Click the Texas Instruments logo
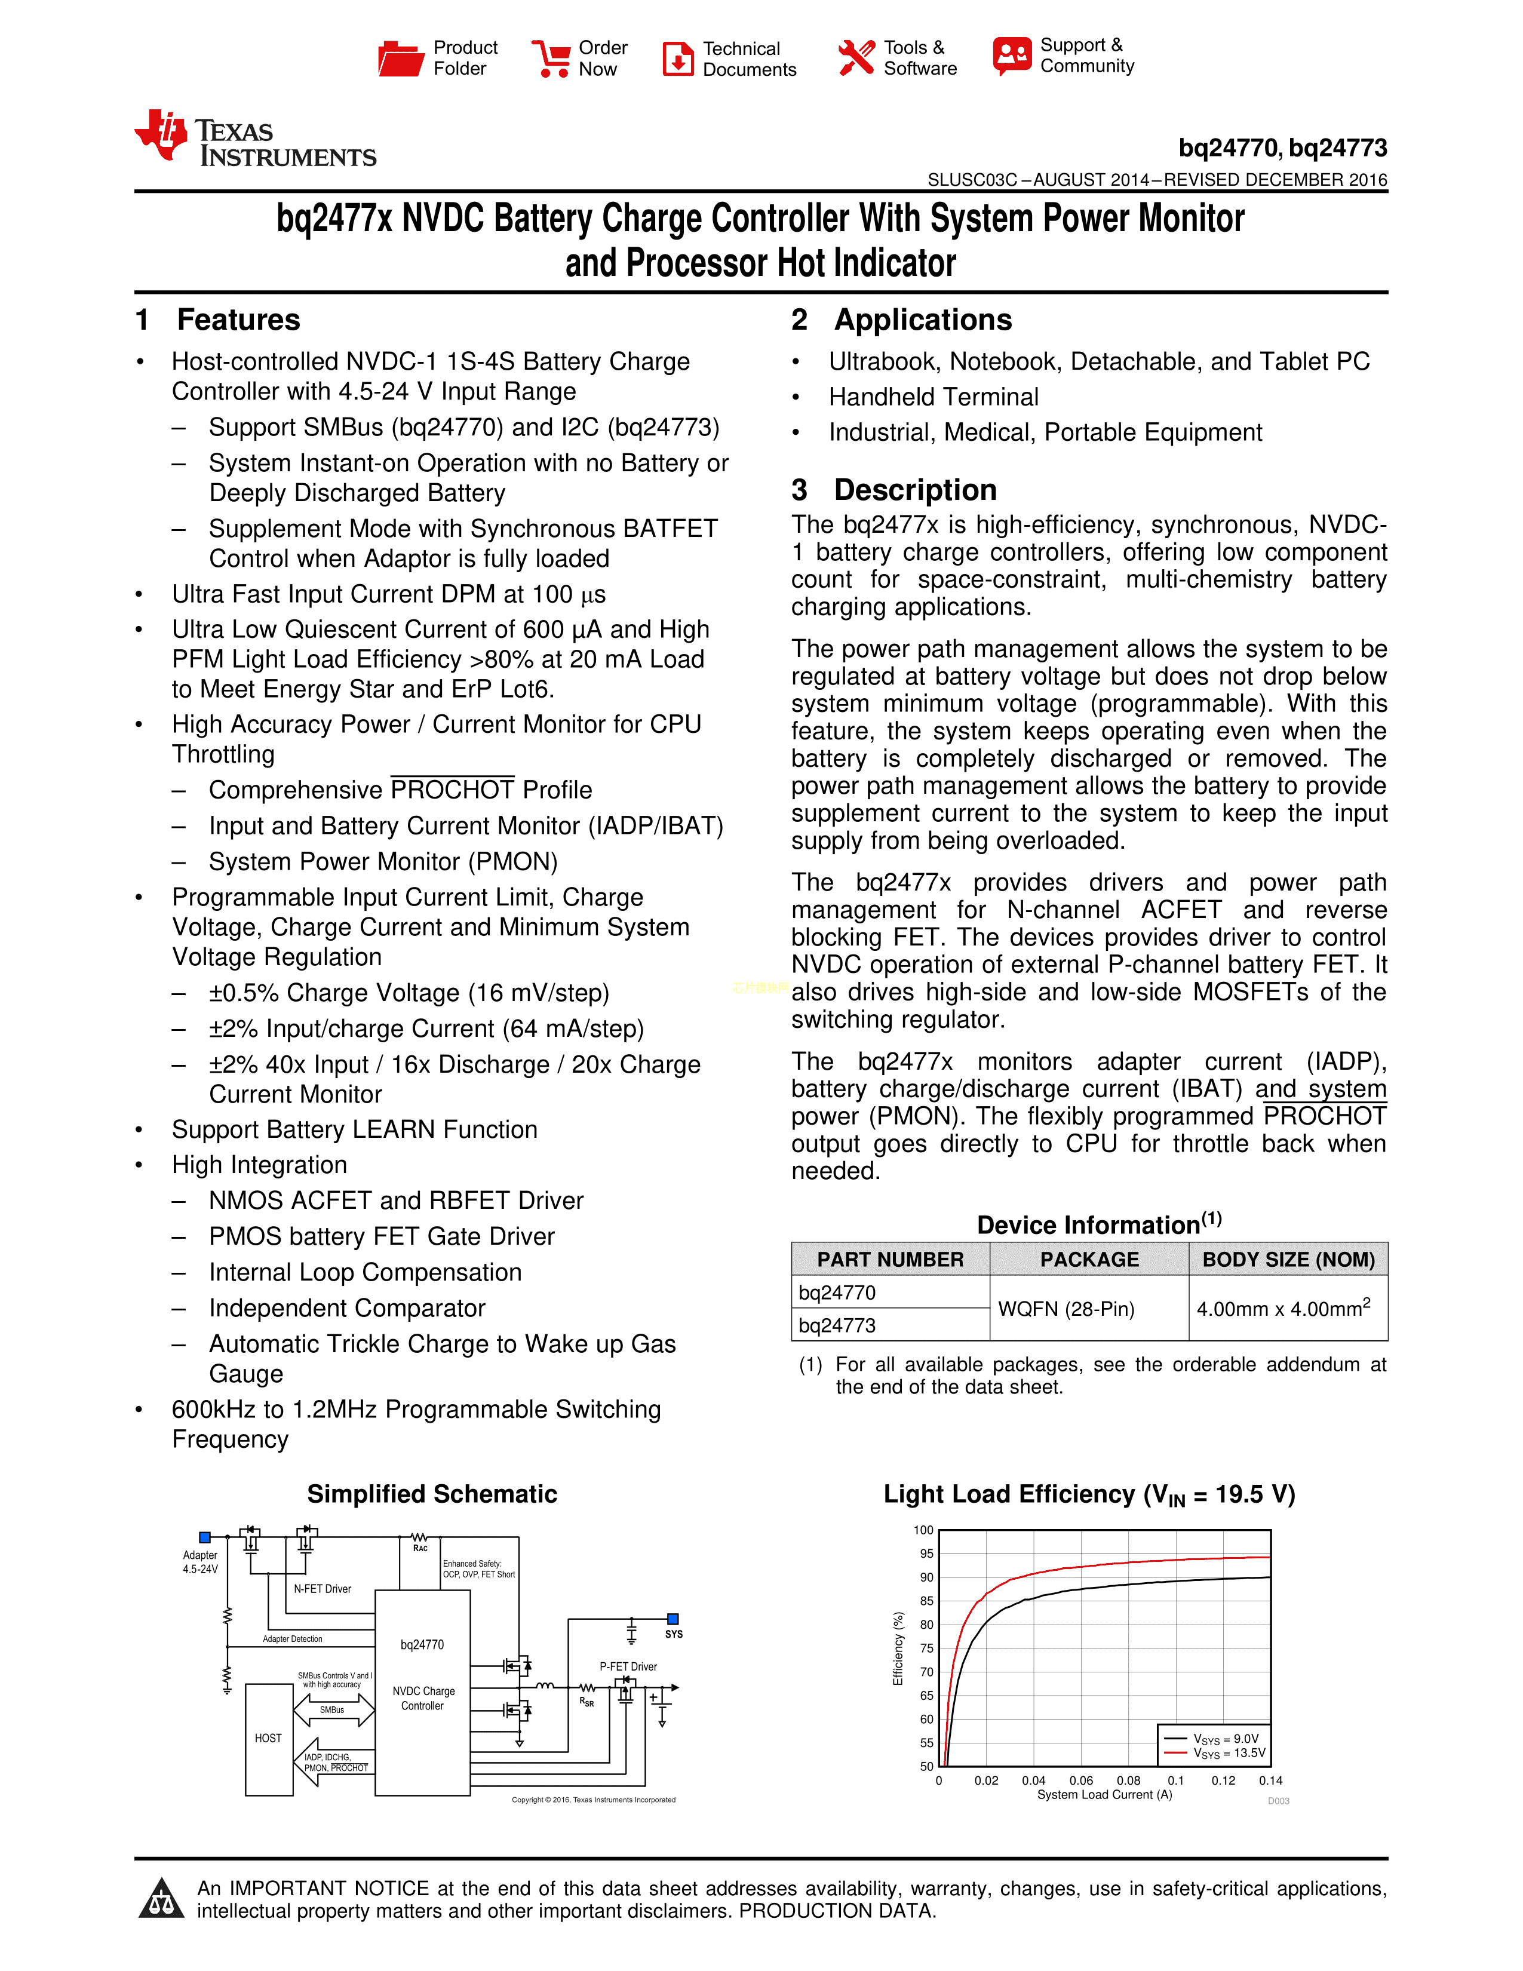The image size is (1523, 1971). [x=256, y=140]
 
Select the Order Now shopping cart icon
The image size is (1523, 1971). [x=549, y=59]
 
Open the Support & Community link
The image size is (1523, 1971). [x=1064, y=56]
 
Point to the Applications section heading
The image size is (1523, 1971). [x=922, y=320]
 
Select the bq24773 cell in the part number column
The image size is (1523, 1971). [x=837, y=1325]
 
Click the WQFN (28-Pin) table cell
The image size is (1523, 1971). [x=1066, y=1309]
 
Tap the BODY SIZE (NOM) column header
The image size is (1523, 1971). [x=1288, y=1259]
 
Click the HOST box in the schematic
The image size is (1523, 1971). [x=268, y=1738]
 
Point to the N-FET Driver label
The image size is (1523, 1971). [x=322, y=1588]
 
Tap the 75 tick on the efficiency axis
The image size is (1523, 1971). [x=926, y=1648]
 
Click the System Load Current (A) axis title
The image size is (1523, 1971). [x=1104, y=1794]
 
